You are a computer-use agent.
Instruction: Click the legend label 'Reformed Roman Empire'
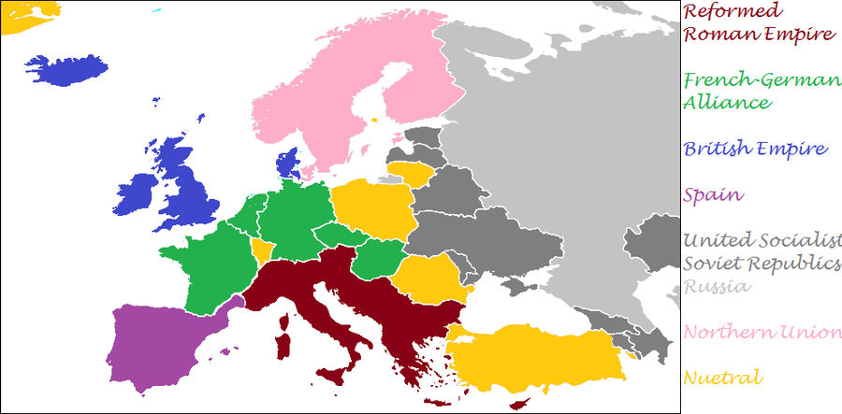point(758,23)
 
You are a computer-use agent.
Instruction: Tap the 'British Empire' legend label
point(755,149)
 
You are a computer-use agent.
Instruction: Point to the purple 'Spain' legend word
point(713,195)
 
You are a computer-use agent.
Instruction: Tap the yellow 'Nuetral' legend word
point(721,378)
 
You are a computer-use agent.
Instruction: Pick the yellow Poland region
point(370,211)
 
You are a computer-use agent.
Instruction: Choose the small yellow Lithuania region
point(410,173)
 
